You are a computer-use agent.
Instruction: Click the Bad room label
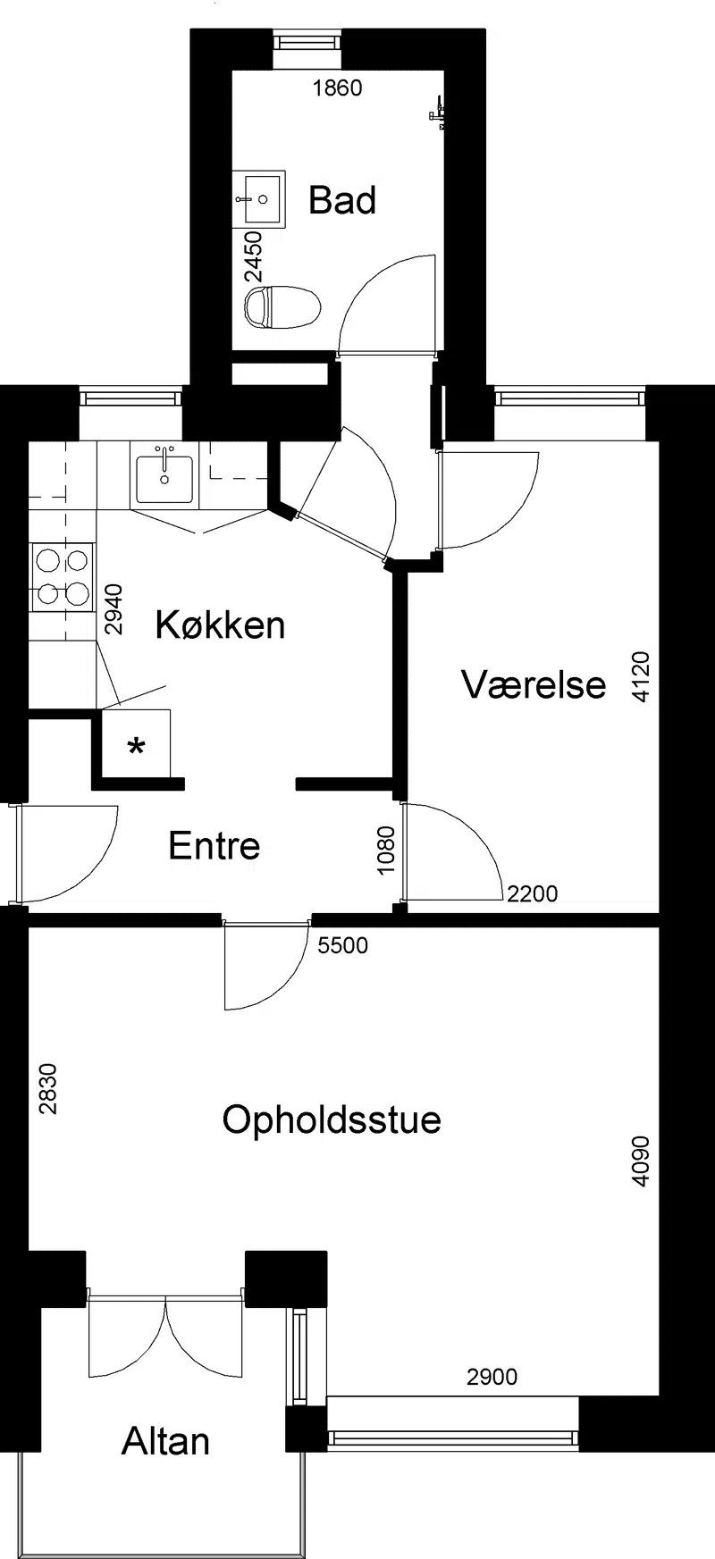pos(342,200)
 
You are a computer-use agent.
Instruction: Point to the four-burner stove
pos(62,578)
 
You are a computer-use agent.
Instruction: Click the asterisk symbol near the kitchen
pos(137,747)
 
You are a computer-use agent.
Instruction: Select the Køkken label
pos(220,624)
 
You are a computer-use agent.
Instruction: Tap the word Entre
pos(214,845)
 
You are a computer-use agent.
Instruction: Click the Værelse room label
pos(534,684)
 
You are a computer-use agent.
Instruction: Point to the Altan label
pos(166,1441)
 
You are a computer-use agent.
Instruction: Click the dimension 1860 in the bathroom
pos(337,88)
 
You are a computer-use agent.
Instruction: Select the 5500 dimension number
pos(343,944)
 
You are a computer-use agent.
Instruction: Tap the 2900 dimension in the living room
pos(492,1377)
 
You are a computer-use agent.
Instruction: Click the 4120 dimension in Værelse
pos(641,678)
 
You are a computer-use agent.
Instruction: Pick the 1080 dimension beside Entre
pos(386,851)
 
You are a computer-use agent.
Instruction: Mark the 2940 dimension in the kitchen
pos(114,608)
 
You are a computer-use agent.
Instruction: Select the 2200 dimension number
pos(532,893)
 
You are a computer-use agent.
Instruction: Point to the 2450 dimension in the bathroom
pos(256,257)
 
